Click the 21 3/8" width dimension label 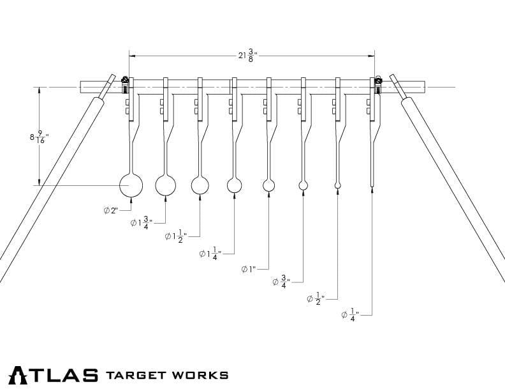(x=246, y=55)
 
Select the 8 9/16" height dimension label (x=39, y=137)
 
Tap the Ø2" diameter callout (x=111, y=210)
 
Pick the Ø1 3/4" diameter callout (x=141, y=222)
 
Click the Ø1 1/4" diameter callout (x=210, y=254)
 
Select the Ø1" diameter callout (x=249, y=269)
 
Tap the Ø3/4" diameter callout (x=281, y=281)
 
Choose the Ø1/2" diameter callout (x=315, y=298)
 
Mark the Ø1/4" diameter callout (x=349, y=314)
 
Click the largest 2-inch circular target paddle (x=131, y=185)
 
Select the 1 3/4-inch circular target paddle (x=166, y=185)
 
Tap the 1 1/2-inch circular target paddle (x=200, y=185)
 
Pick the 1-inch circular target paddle (x=269, y=185)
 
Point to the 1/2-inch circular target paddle (x=337, y=185)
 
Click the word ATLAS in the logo (x=54, y=374)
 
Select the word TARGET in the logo (x=138, y=374)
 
